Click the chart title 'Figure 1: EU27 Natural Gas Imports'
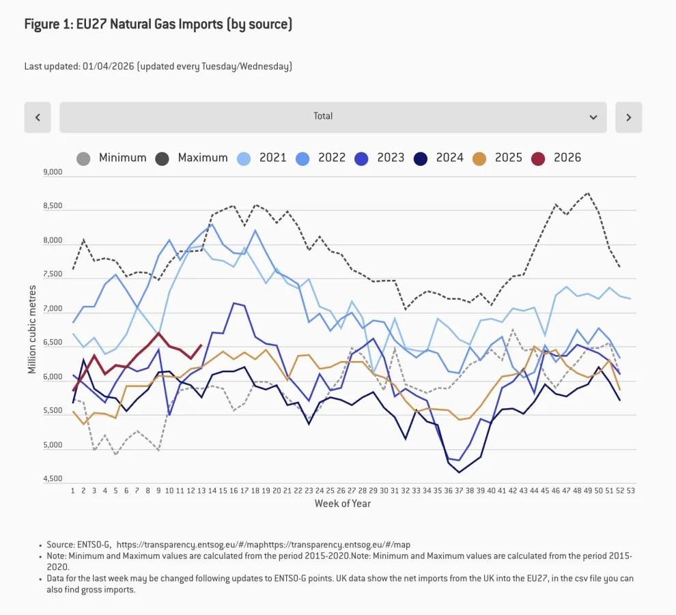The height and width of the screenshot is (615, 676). [158, 25]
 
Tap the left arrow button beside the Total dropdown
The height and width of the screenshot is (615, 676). [38, 117]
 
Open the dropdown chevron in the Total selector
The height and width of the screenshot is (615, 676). [593, 117]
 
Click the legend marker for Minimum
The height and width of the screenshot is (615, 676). [83, 158]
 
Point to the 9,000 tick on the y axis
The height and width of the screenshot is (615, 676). [53, 173]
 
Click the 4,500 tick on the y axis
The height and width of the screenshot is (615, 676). [53, 479]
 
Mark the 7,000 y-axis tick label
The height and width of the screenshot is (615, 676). [53, 309]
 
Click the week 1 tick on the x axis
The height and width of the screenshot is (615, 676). [72, 491]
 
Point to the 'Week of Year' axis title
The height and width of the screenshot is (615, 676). [343, 504]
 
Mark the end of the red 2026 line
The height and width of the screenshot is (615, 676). [201, 345]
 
